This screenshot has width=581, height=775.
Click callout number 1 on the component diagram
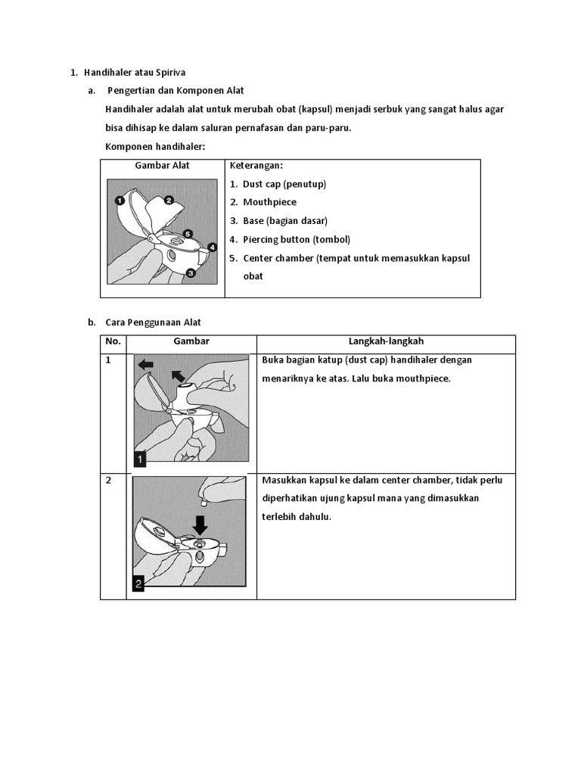click(120, 201)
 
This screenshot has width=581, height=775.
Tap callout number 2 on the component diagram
click(169, 200)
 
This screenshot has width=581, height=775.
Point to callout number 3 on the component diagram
click(191, 272)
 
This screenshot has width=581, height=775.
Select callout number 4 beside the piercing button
click(213, 247)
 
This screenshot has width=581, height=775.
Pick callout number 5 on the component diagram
click(188, 234)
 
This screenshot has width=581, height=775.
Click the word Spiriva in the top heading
click(169, 73)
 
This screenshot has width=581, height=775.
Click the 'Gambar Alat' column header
click(162, 165)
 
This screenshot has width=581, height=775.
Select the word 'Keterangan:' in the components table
click(256, 165)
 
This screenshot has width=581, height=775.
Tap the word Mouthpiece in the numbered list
click(269, 202)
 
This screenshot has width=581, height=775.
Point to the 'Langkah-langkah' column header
click(386, 341)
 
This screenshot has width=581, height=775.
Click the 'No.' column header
click(113, 341)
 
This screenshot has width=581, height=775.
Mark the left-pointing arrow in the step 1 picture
click(146, 364)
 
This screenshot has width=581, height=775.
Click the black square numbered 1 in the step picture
click(140, 458)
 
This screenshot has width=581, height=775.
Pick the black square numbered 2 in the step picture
click(139, 583)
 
